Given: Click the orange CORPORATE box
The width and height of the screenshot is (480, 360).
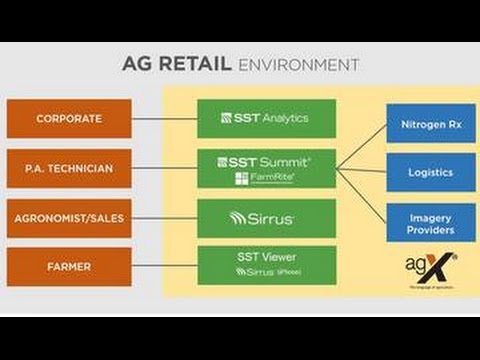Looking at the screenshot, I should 69,118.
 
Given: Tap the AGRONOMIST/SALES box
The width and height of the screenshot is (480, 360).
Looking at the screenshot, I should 69,217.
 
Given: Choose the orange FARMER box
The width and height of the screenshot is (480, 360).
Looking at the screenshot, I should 69,266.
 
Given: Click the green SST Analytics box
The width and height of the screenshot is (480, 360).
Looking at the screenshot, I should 265,118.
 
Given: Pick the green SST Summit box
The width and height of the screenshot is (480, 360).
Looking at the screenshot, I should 265,167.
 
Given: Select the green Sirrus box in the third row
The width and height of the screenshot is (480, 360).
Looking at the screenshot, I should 265,217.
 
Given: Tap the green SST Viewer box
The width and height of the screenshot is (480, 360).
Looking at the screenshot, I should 265,265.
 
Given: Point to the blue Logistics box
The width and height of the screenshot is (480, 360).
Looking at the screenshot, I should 430,172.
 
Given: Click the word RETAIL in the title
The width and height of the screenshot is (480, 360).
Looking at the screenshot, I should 198,65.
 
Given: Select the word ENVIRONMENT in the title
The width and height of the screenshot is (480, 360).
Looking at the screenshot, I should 297,65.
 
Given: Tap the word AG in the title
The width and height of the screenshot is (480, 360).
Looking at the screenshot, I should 137,65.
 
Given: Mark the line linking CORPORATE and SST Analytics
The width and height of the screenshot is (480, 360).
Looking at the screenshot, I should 164,118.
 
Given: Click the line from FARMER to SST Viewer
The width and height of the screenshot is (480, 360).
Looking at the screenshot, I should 164,266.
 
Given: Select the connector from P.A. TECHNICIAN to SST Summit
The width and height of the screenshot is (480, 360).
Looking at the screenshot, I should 164,167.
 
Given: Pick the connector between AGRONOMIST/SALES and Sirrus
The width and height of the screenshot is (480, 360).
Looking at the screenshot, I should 164,217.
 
